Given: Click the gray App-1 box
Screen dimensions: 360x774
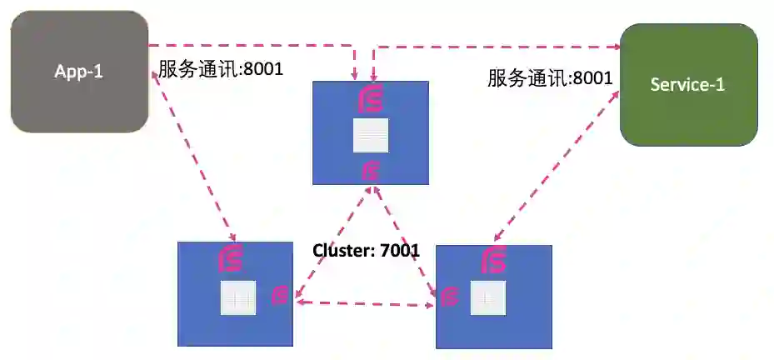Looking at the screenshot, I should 79,72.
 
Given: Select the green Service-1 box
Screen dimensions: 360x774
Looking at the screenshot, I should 688,84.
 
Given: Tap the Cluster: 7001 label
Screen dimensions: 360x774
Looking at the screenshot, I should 366,249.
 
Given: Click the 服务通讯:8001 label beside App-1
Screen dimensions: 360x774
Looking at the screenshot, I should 221,69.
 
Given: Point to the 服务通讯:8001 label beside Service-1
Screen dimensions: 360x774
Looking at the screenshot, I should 550,78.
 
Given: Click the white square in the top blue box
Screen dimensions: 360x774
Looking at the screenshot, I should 371,135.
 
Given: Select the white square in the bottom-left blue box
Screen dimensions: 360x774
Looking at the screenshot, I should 237,297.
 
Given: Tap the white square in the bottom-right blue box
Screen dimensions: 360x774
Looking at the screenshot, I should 487,297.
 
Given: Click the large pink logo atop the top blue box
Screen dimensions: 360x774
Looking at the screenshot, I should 370,99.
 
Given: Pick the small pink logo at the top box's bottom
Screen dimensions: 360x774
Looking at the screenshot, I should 372,172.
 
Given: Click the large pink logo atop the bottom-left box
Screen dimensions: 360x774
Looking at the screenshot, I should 229,259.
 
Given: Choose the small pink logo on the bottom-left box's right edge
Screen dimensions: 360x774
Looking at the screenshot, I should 281,294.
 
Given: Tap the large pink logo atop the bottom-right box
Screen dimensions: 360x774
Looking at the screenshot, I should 495,260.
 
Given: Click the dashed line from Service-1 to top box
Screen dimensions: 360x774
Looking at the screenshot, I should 500,47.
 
